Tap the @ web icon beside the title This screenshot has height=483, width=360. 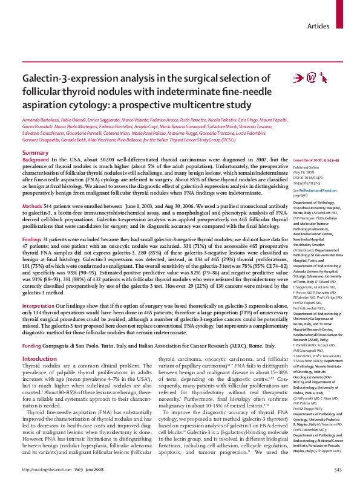313,77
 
